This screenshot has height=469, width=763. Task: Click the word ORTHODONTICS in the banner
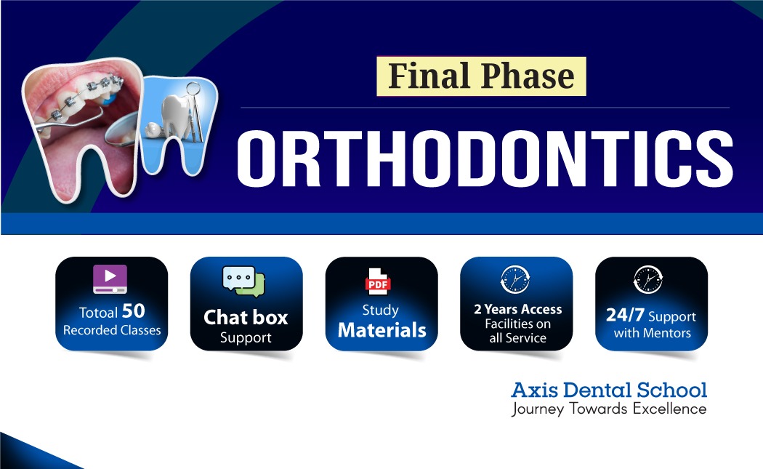[x=485, y=159]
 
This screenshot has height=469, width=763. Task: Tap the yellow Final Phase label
[x=481, y=76]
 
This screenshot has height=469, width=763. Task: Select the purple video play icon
[x=110, y=279]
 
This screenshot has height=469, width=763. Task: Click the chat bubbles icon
[x=243, y=281]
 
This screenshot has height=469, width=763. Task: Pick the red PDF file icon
[x=378, y=281]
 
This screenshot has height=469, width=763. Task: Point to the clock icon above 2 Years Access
[x=515, y=279]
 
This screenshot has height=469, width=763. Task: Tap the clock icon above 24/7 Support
[x=648, y=279]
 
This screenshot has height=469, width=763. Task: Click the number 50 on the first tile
[x=133, y=310]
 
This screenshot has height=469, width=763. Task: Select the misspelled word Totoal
[x=98, y=312]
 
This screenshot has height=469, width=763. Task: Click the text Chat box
[x=246, y=318]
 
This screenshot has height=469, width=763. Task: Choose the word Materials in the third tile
[x=382, y=330]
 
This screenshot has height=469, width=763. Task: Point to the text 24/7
[x=625, y=315]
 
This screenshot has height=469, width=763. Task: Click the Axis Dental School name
[x=609, y=390]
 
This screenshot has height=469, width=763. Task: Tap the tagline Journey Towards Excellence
[x=609, y=409]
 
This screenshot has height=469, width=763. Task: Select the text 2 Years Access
[x=517, y=309]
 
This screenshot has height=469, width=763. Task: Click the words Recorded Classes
[x=112, y=330]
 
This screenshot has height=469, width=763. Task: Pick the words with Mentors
[x=652, y=333]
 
